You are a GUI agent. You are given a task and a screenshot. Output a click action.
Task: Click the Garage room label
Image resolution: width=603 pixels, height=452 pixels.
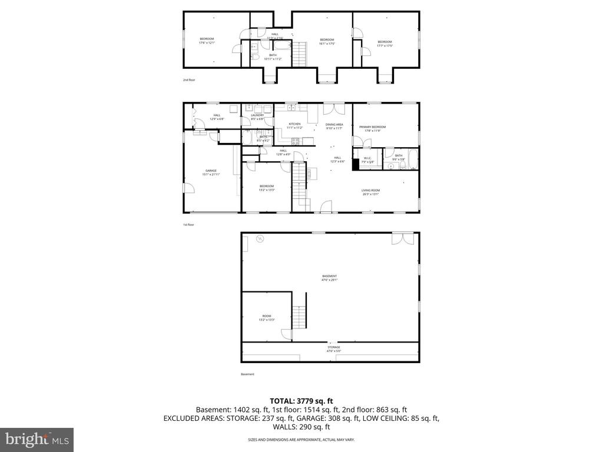[211, 171]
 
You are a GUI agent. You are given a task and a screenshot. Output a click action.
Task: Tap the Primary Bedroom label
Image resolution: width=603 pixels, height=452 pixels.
[373, 127]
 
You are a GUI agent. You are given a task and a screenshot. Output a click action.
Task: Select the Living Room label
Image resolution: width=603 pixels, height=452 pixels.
[370, 190]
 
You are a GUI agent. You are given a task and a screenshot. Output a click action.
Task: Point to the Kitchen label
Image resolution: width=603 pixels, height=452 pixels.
[294, 124]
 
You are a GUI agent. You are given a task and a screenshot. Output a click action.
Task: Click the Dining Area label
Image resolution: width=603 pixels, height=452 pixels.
[334, 124]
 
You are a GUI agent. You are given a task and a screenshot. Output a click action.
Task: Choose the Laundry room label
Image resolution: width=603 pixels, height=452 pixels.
[257, 115]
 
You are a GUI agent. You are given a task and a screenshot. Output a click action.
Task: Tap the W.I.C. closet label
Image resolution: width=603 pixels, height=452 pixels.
[368, 158]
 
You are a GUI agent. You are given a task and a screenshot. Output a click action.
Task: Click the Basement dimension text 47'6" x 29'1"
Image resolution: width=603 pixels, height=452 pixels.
[329, 280]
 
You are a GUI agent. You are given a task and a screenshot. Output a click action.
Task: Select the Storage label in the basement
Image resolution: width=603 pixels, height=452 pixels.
[334, 347]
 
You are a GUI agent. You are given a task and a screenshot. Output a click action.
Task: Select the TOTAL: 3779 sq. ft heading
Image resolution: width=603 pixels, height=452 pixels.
[301, 401]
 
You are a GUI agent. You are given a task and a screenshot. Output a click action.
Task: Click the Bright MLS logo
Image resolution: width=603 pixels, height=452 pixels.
[37, 439]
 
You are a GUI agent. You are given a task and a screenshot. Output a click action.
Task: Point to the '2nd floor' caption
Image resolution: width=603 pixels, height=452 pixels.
[188, 79]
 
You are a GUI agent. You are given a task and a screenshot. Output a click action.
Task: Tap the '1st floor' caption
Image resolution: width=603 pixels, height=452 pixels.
[188, 225]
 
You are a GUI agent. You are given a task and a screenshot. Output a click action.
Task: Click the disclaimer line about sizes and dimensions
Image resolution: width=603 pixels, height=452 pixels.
[301, 440]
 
